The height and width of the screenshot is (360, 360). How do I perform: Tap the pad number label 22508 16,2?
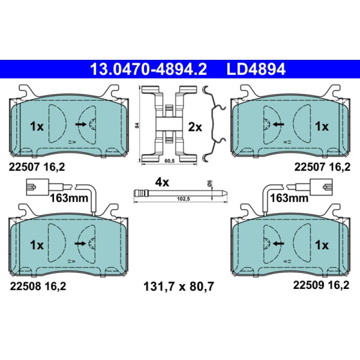37,285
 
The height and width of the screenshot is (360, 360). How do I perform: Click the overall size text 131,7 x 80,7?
178,285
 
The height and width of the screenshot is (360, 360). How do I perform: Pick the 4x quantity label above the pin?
162,182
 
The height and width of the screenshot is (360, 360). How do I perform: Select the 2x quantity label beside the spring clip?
195,127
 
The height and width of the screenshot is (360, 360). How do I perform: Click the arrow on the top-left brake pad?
81,124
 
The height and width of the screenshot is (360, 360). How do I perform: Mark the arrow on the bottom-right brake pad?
278,243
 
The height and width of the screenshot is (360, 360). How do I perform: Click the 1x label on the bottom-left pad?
37,245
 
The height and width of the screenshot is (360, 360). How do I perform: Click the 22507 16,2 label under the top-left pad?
37,167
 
